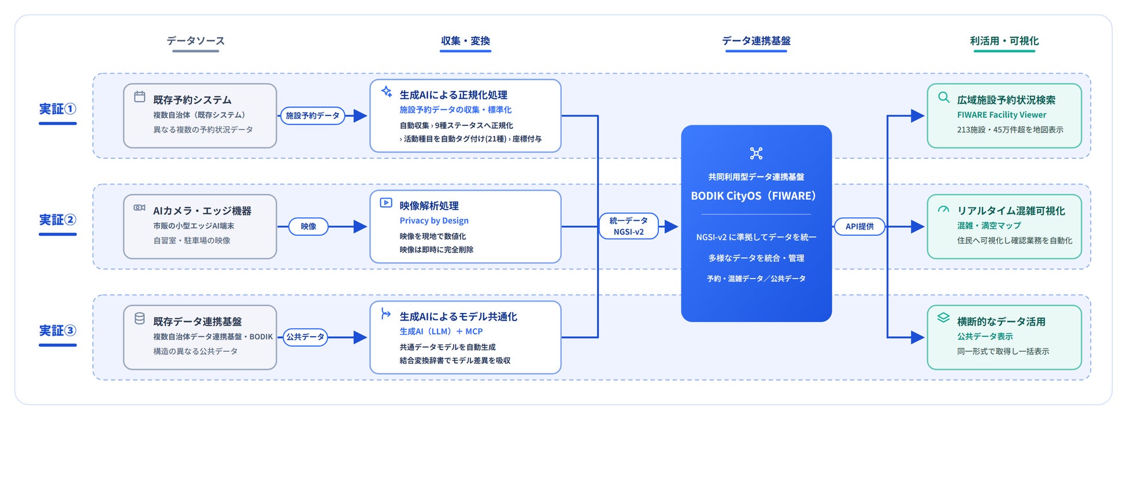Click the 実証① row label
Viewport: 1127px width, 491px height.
pos(57,109)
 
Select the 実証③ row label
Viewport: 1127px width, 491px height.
pos(57,331)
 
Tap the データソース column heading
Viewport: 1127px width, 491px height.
pos(195,41)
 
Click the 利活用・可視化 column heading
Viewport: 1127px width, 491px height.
pos(1004,41)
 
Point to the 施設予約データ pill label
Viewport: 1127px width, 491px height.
pos(313,116)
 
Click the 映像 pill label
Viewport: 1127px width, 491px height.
pos(309,226)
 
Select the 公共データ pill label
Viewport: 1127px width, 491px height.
pos(305,337)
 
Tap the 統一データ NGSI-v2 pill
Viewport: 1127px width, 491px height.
pos(629,226)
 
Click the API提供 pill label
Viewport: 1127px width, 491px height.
pos(859,226)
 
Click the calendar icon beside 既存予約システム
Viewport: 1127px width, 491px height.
pos(140,96)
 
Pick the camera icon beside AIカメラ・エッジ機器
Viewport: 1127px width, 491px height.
pos(140,207)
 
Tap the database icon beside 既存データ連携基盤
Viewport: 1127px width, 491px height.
pos(140,318)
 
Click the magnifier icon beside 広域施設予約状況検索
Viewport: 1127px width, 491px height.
pos(944,97)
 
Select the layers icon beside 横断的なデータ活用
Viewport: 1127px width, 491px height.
pos(944,318)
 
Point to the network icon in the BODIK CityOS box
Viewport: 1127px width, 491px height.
pos(756,153)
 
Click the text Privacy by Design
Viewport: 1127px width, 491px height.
pos(434,221)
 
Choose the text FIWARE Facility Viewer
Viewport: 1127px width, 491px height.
pos(1002,115)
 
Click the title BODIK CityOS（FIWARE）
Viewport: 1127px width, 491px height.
pos(754,196)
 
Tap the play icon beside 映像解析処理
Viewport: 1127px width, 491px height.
pos(386,203)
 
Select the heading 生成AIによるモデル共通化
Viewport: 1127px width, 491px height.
pos(458,317)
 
